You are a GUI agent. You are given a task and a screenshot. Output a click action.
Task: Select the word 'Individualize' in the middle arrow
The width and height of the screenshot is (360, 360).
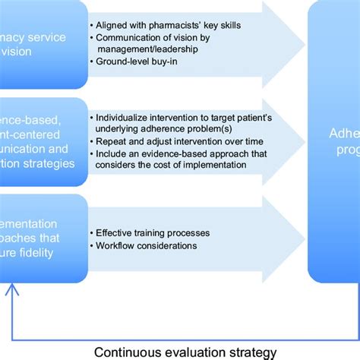pos(123,118)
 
